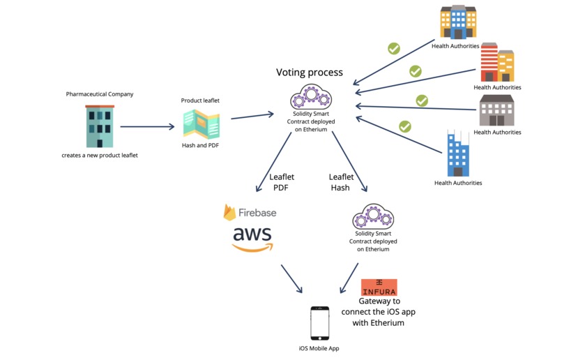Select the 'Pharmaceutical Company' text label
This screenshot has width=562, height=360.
tap(99, 93)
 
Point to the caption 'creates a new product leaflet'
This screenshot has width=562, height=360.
tap(99, 155)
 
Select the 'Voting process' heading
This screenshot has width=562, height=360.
tap(310, 73)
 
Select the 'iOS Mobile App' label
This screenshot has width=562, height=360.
tap(319, 348)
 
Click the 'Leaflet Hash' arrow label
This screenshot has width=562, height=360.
tap(341, 183)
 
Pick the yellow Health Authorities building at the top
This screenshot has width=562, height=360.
tap(458, 22)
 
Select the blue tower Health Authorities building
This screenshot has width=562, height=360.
tap(457, 155)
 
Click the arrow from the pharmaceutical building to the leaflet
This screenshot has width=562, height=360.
tap(148, 127)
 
